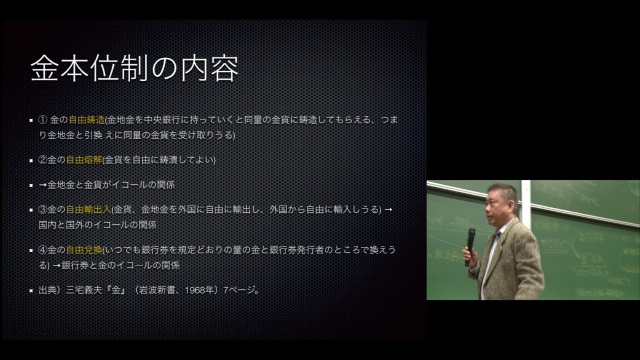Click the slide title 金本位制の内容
[x=134, y=69]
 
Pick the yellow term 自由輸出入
[x=89, y=210]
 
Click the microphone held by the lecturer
[x=470, y=243]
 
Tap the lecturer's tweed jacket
[x=514, y=263]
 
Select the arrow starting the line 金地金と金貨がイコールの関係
[x=43, y=185]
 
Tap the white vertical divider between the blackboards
[x=526, y=202]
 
